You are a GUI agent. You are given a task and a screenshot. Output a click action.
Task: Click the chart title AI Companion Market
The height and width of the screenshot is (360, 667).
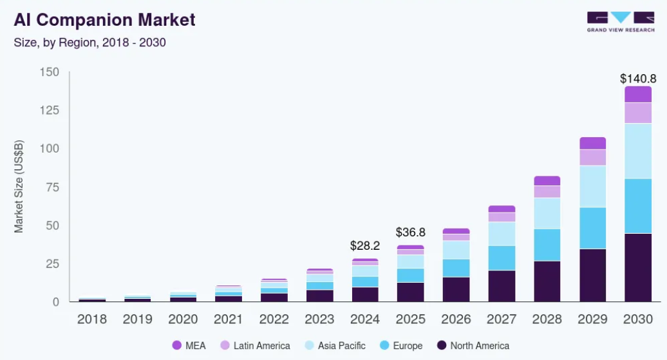click(104, 20)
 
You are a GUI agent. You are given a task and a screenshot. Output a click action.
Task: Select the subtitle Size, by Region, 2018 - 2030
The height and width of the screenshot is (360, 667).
click(90, 43)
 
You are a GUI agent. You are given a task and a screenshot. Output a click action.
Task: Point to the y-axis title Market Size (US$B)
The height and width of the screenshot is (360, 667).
click(19, 186)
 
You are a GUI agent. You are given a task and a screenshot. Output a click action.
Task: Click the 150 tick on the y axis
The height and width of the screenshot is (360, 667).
click(49, 72)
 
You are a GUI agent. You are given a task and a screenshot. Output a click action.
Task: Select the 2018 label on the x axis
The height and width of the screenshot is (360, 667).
click(92, 319)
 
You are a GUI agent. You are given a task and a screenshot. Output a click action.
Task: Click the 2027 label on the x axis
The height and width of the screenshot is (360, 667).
click(502, 319)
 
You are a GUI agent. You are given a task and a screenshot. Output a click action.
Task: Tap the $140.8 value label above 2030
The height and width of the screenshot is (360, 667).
click(637, 79)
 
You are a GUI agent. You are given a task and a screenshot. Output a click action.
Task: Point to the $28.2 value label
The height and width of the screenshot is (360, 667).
click(365, 246)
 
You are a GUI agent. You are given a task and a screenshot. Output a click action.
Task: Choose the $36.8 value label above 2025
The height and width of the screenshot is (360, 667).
click(411, 232)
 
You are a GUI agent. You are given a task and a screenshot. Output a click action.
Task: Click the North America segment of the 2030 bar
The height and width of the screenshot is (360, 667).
click(638, 267)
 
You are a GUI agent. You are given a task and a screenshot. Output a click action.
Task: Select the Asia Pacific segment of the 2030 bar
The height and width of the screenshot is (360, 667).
click(638, 151)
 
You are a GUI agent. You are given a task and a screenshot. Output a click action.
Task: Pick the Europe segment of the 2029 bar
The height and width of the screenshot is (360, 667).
click(592, 228)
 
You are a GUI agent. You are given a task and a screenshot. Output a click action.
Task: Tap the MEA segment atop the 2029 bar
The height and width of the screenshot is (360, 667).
click(592, 143)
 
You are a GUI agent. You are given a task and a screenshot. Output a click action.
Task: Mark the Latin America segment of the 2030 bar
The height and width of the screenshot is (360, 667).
click(638, 113)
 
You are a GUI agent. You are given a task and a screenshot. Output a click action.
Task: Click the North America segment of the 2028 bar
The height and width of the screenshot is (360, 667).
click(547, 281)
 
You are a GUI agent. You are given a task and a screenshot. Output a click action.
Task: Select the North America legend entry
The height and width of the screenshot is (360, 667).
click(473, 346)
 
